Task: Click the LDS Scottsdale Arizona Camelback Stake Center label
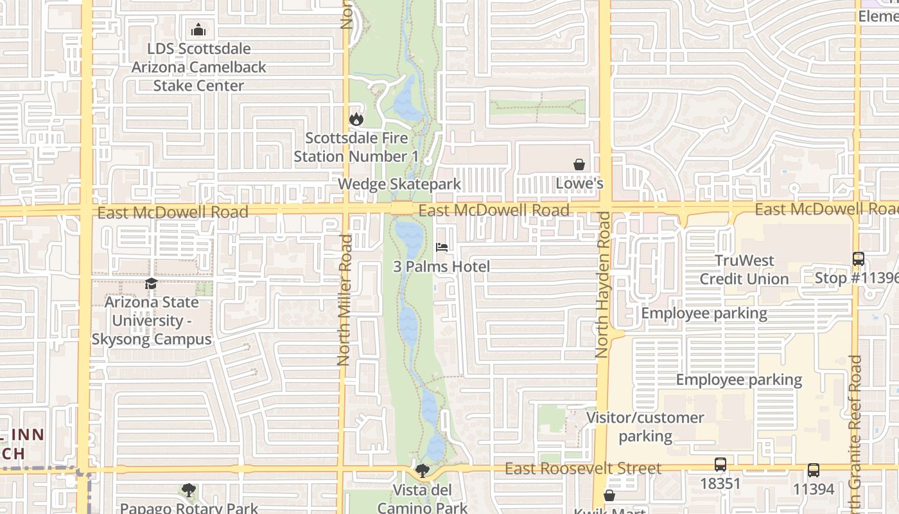tap(199, 67)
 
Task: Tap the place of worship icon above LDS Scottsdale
tap(198, 30)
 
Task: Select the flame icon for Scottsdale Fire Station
tap(356, 119)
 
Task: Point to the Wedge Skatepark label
tap(399, 184)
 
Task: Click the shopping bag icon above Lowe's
tap(579, 164)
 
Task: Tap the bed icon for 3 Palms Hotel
tap(442, 247)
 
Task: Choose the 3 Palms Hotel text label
tap(442, 266)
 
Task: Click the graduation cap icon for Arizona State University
tap(152, 283)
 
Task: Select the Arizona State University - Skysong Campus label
tap(152, 320)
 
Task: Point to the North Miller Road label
tap(345, 300)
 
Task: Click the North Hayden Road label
tap(602, 285)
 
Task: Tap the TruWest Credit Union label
tap(744, 269)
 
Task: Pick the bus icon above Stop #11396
tap(859, 259)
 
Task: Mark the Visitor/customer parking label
tap(645, 427)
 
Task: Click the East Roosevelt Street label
tap(583, 468)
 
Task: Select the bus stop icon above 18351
tap(720, 465)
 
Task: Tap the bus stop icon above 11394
tap(814, 470)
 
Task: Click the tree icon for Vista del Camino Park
tap(423, 472)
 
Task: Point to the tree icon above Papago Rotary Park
tap(188, 491)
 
